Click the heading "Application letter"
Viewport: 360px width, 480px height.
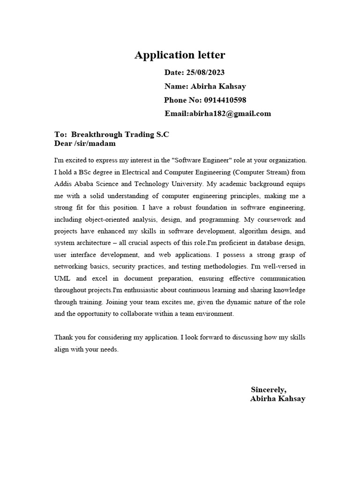coord(180,55)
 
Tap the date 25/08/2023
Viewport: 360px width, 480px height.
coord(205,72)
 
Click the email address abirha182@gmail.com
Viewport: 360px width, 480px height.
coord(230,114)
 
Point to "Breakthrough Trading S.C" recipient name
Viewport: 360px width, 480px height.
coord(120,135)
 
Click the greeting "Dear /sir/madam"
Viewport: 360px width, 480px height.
coord(85,143)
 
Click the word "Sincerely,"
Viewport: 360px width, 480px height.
coord(269,390)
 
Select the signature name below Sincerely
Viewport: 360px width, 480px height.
coord(277,399)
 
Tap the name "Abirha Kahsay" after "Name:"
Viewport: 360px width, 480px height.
coord(217,86)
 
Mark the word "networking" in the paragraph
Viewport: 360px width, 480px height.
coord(69,266)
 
